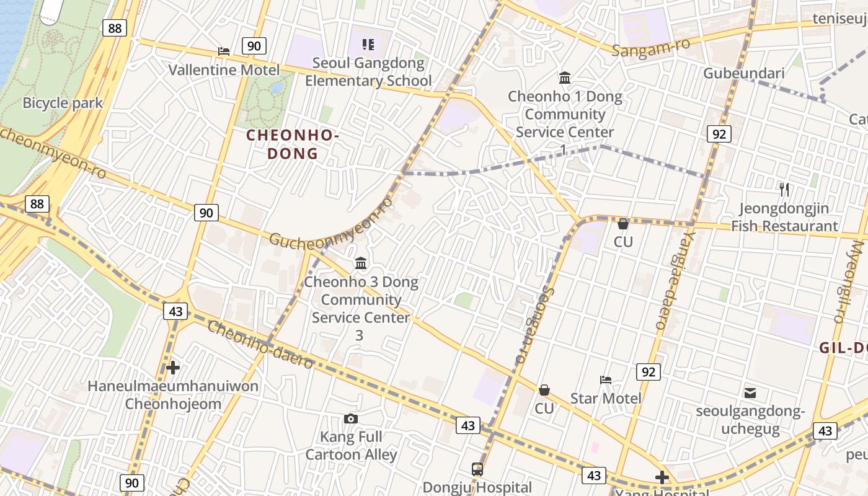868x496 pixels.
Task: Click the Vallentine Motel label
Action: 224,69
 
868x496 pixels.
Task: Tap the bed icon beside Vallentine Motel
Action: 224,51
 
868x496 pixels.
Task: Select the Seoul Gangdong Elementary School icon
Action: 368,44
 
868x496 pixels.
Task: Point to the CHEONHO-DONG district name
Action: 293,144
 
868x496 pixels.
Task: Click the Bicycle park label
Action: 63,102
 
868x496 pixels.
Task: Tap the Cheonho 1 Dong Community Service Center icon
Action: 565,78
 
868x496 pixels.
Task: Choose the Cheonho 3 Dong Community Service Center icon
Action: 361,263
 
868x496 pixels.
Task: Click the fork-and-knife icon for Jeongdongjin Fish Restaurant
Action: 784,190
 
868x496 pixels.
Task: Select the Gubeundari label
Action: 743,73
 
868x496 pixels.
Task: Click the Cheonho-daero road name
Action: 260,345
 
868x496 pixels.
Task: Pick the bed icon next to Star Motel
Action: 606,379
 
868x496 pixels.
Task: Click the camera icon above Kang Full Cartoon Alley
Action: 351,418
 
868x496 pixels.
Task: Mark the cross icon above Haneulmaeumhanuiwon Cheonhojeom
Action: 173,368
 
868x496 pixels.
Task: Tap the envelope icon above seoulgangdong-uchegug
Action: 750,392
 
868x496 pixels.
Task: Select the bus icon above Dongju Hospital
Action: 477,469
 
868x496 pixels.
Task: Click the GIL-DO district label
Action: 843,348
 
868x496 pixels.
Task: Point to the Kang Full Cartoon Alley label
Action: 351,446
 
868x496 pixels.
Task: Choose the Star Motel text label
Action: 606,398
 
